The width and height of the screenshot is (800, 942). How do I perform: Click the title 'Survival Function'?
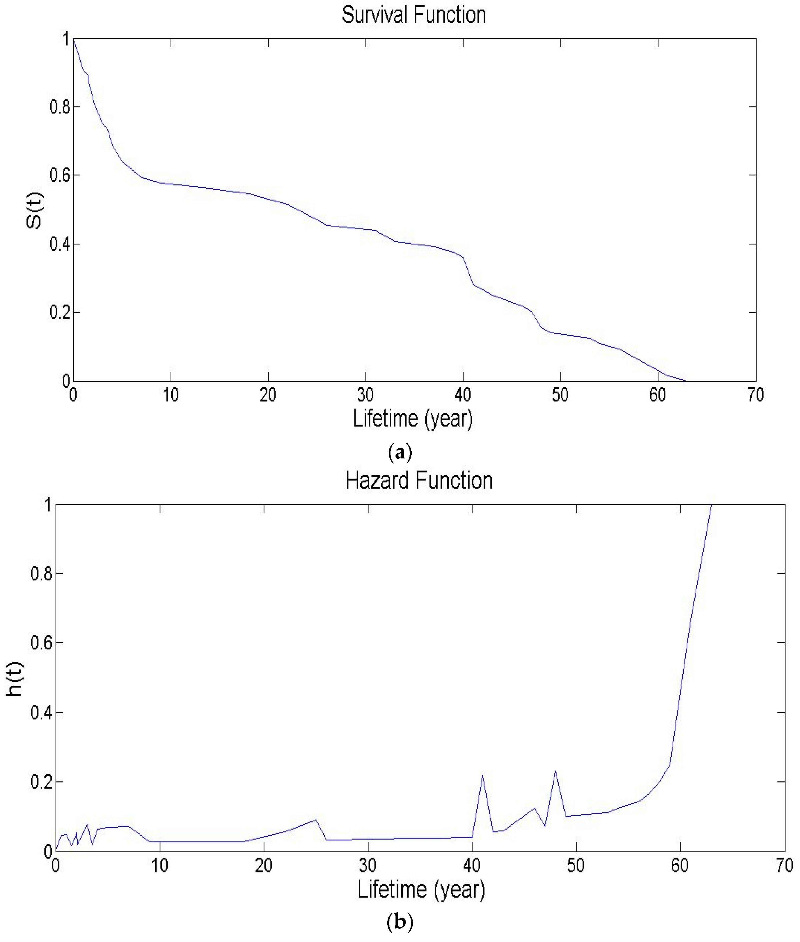point(413,15)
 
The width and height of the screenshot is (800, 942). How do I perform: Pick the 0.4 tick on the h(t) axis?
point(41,713)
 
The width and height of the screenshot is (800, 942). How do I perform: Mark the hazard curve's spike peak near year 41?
point(482,775)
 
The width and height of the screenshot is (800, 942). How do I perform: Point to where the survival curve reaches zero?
point(685,381)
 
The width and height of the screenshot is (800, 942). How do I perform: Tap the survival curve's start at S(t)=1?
point(73,39)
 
